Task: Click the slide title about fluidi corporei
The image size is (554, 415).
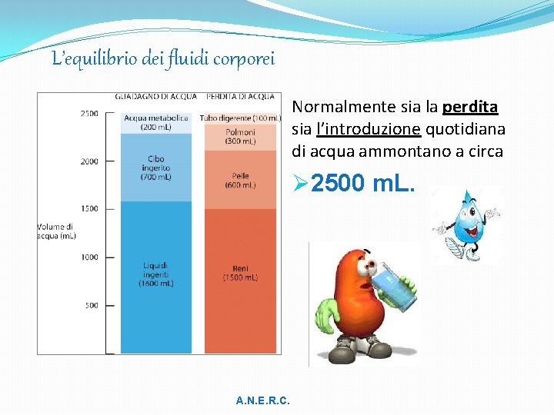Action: pos(162,58)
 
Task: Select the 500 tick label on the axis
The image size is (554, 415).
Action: pos(91,306)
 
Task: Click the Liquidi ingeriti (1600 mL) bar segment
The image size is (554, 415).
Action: pos(157,277)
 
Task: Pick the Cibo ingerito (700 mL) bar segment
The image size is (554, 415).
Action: pos(157,168)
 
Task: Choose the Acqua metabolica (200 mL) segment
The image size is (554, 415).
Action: pos(156,122)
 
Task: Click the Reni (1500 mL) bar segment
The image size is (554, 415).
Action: pos(240,281)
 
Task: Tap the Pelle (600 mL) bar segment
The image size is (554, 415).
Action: pos(240,180)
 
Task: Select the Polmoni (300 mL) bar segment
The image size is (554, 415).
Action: pos(240,137)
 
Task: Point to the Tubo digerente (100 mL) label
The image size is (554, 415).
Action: pos(240,118)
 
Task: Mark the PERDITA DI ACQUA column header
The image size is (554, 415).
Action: pos(239,97)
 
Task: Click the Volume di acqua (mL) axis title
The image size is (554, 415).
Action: pos(56,231)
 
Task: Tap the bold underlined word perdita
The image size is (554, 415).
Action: pos(470,107)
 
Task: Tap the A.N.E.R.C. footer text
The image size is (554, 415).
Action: pos(263,401)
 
